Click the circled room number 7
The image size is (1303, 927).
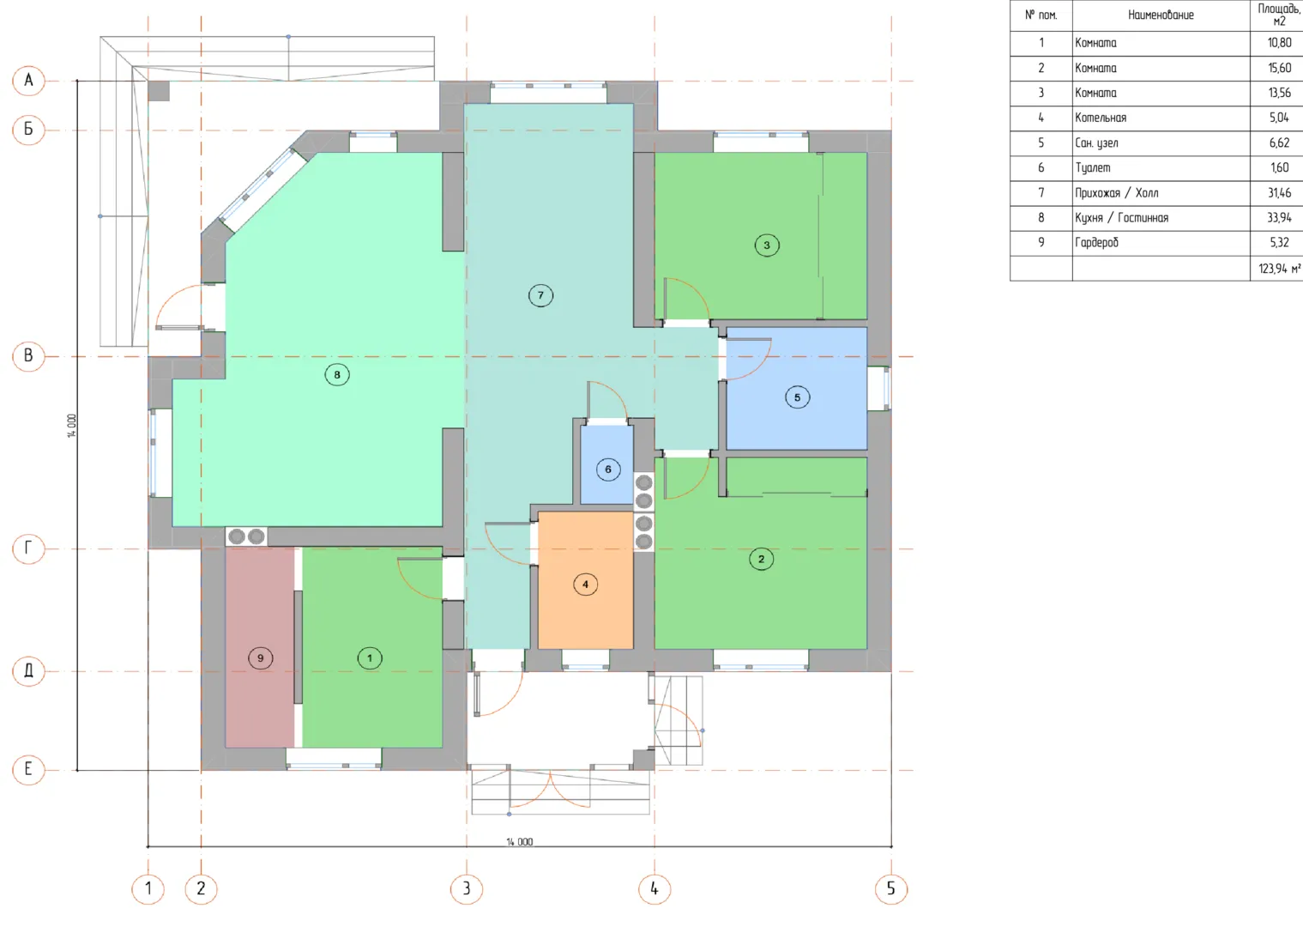pyautogui.click(x=540, y=295)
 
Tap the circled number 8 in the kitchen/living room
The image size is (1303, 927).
pyautogui.click(x=337, y=375)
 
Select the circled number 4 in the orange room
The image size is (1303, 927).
pyautogui.click(x=585, y=585)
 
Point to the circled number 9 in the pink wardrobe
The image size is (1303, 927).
pyautogui.click(x=260, y=658)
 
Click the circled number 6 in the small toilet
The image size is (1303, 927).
pyautogui.click(x=608, y=470)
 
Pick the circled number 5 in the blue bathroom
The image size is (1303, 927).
pyautogui.click(x=797, y=397)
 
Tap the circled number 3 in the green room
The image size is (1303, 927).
pyautogui.click(x=767, y=245)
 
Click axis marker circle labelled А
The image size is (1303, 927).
pyautogui.click(x=28, y=81)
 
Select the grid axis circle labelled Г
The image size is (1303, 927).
pyautogui.click(x=28, y=548)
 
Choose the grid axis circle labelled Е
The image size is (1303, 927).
pyautogui.click(x=28, y=769)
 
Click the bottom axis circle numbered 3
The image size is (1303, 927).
pyautogui.click(x=467, y=888)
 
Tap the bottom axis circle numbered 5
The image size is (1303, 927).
pyautogui.click(x=891, y=888)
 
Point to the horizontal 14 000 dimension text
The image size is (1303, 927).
pyautogui.click(x=520, y=841)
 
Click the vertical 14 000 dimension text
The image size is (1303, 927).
pyautogui.click(x=71, y=426)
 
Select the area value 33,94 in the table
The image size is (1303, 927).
pyautogui.click(x=1279, y=218)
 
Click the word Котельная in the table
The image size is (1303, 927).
pyautogui.click(x=1101, y=118)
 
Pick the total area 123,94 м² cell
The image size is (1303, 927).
pyautogui.click(x=1280, y=269)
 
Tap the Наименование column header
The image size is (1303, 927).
pyautogui.click(x=1161, y=15)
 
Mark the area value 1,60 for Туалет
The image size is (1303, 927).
pyautogui.click(x=1279, y=167)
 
